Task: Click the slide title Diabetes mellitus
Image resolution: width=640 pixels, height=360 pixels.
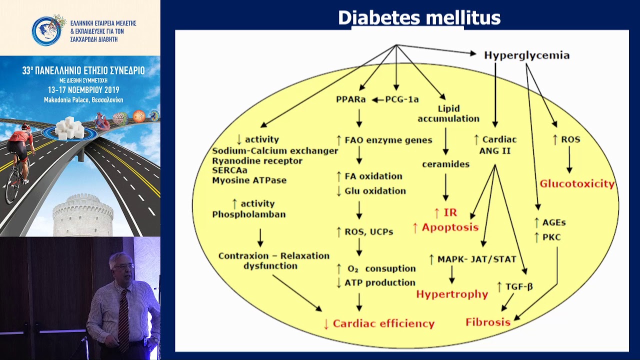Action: pos(419,17)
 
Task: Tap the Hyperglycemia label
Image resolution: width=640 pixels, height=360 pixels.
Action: pos(527,55)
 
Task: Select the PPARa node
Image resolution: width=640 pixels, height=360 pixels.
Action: pos(351,99)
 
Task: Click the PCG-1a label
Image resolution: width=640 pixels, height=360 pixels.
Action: pos(402,99)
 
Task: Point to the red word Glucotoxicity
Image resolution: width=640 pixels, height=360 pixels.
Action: pos(577,183)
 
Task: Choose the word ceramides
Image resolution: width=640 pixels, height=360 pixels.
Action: pos(445,164)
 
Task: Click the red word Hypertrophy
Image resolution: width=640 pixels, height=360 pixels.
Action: pos(452,294)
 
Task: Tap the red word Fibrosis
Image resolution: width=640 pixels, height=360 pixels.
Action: pos(488,322)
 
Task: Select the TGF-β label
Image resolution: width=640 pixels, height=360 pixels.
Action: pos(519,286)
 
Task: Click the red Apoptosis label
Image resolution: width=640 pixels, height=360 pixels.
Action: pos(450,227)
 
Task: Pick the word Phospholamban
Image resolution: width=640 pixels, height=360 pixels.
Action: pos(249,214)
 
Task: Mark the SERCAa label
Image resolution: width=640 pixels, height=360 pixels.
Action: pos(229,170)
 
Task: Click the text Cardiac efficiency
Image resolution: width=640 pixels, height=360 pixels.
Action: pos(383,323)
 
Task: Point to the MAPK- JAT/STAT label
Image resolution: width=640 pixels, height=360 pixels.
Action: pos(477,259)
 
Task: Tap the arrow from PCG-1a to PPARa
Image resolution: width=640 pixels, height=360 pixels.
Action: pos(378,100)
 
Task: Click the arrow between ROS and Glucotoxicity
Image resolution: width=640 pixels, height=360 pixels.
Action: pos(569,159)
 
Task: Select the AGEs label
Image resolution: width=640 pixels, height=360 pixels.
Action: pos(554,222)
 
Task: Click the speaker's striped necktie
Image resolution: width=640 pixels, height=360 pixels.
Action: pos(124,320)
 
